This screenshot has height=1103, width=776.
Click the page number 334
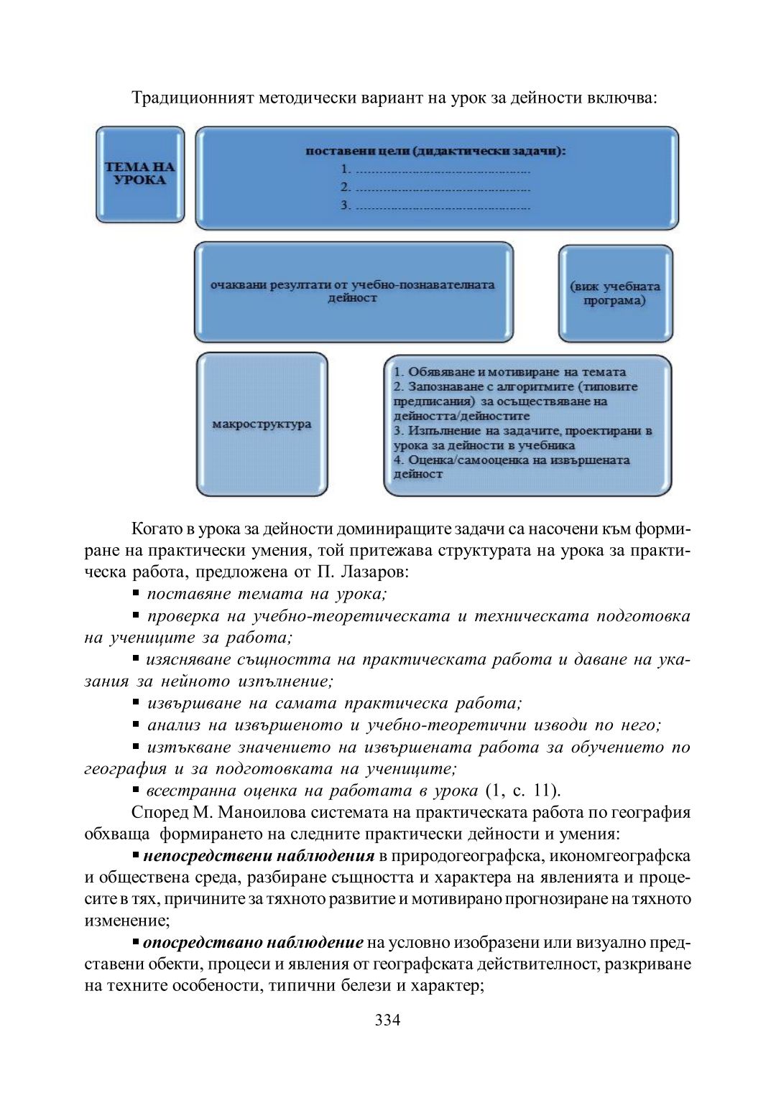[387, 1020]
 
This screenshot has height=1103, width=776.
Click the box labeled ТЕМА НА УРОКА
[140, 174]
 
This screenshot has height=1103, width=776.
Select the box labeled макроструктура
[262, 424]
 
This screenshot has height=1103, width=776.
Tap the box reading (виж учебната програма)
[615, 293]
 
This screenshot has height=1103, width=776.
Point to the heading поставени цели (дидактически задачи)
[435, 151]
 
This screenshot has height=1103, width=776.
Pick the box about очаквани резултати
[353, 291]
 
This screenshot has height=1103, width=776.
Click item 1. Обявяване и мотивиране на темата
[509, 372]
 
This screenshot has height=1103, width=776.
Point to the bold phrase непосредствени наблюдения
[259, 855]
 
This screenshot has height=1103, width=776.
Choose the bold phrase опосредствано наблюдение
[253, 942]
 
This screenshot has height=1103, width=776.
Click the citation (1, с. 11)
[522, 791]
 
